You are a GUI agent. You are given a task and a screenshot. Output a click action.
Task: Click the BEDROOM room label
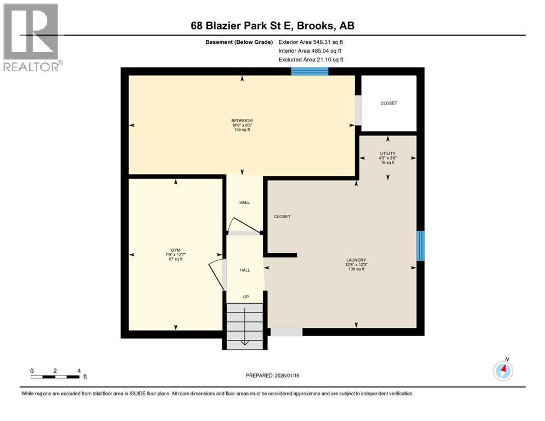(x=242, y=120)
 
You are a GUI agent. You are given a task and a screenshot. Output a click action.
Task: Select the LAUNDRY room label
(x=356, y=260)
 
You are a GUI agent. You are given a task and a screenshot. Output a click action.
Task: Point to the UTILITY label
(x=388, y=154)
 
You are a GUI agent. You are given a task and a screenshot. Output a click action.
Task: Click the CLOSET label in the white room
(x=389, y=103)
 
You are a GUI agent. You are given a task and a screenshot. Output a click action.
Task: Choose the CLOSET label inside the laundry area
(x=282, y=217)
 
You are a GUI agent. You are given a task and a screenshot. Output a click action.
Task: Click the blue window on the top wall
(x=310, y=71)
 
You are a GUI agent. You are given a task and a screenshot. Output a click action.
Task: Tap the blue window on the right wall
(x=420, y=246)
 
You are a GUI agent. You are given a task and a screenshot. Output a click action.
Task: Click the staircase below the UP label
(x=245, y=326)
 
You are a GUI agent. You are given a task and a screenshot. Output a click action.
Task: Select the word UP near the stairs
(x=246, y=297)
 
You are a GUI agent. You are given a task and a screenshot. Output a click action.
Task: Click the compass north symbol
(x=503, y=371)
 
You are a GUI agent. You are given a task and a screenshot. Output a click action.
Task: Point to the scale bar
(x=55, y=376)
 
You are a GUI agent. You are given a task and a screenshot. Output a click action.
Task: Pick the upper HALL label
(x=244, y=202)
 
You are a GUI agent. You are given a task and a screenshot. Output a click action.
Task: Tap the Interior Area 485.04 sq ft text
(x=310, y=51)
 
